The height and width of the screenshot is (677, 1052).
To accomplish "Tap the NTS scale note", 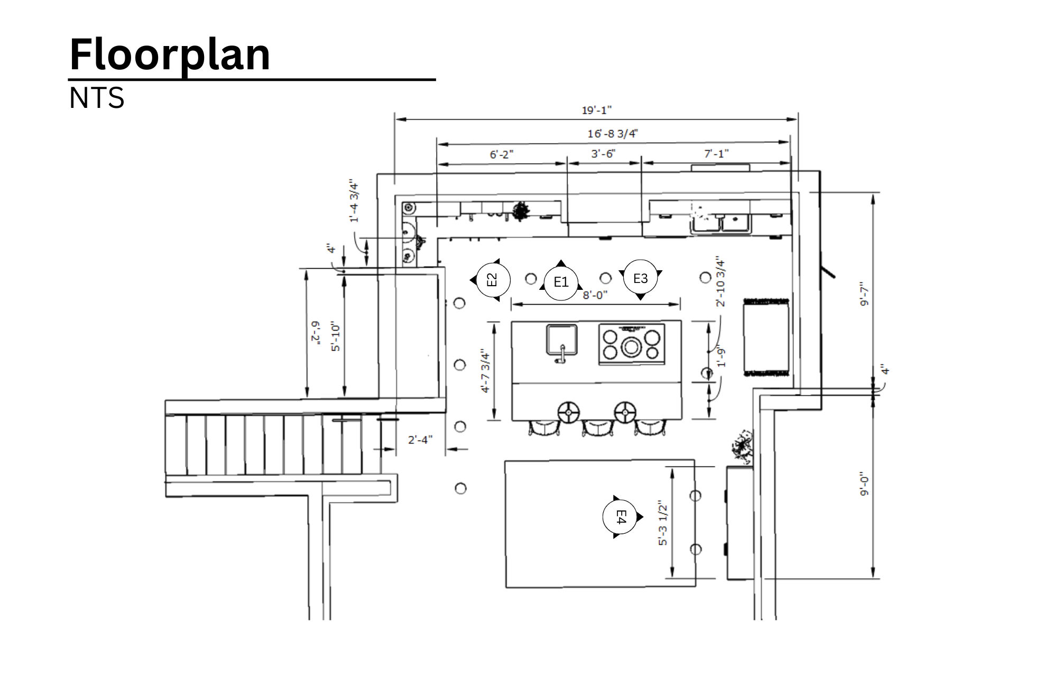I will click(97, 98).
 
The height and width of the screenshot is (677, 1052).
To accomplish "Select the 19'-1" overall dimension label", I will click(596, 110).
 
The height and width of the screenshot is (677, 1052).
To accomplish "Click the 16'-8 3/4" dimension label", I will click(612, 133).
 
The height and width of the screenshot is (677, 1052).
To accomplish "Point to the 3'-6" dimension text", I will click(603, 154).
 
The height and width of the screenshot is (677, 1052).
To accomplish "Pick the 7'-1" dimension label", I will click(716, 153).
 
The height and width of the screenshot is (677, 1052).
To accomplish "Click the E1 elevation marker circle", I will click(561, 282).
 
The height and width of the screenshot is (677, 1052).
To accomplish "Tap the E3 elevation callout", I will click(640, 278).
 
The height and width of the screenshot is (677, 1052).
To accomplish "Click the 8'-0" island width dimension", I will click(595, 295).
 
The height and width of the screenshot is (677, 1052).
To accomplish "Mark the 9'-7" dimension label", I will click(864, 294).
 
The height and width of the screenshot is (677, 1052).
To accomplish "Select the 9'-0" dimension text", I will click(864, 483).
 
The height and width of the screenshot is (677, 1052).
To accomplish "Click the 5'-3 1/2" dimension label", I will click(662, 525).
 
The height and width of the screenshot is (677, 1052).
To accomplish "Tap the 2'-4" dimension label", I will click(420, 440).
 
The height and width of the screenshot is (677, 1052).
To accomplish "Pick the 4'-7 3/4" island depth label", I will click(485, 370).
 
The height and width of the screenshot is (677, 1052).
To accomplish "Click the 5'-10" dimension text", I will click(336, 336).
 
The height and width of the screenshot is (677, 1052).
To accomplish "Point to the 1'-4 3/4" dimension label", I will click(354, 202).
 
